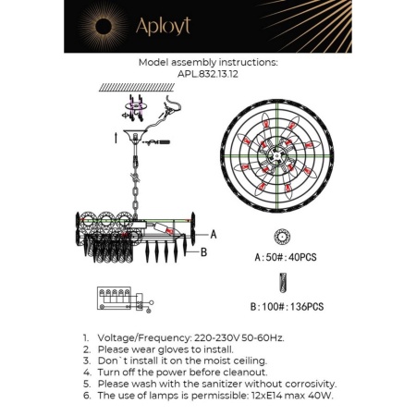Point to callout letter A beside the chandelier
(x=214, y=235)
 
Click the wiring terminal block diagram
(x=120, y=300)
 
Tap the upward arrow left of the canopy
(x=114, y=139)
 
